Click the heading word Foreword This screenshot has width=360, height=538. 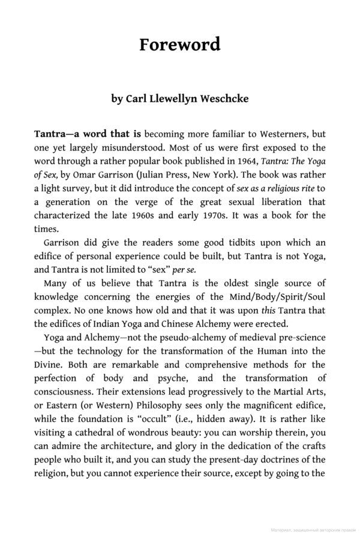[x=180, y=44]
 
